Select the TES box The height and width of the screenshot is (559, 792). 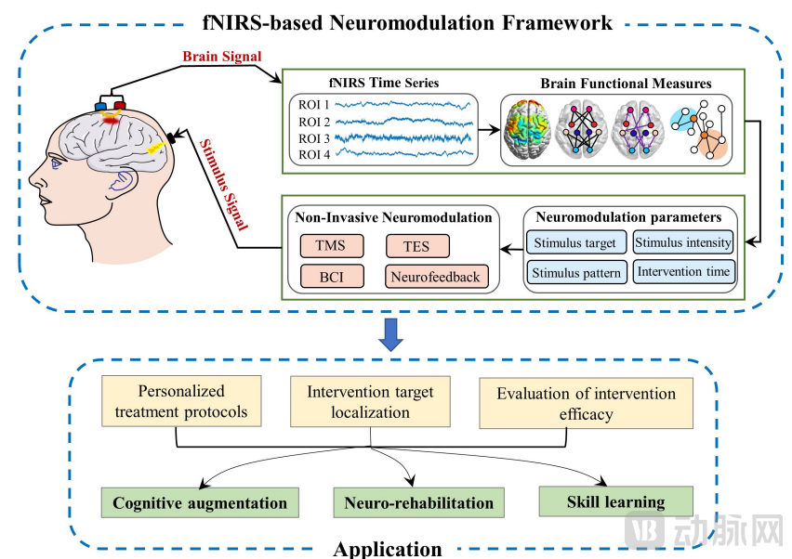pos(417,246)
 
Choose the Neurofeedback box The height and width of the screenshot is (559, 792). pos(436,276)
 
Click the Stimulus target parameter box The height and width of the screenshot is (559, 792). pos(575,244)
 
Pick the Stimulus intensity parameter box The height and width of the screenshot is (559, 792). pos(683,243)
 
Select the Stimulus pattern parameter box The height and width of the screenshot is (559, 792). pos(576,273)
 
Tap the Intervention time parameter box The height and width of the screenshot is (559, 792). pos(683,273)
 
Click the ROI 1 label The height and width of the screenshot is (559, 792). pos(315,105)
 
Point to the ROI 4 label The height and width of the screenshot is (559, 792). pos(315,153)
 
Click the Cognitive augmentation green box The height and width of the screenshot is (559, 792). pos(200,503)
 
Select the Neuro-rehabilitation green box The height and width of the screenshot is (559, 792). pos(419,503)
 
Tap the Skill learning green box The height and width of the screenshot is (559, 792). pos(615,501)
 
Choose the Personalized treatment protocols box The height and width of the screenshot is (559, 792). pos(181,401)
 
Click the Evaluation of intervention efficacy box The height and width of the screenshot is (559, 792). pos(586,403)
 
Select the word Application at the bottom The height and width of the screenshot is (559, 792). pos(388,549)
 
